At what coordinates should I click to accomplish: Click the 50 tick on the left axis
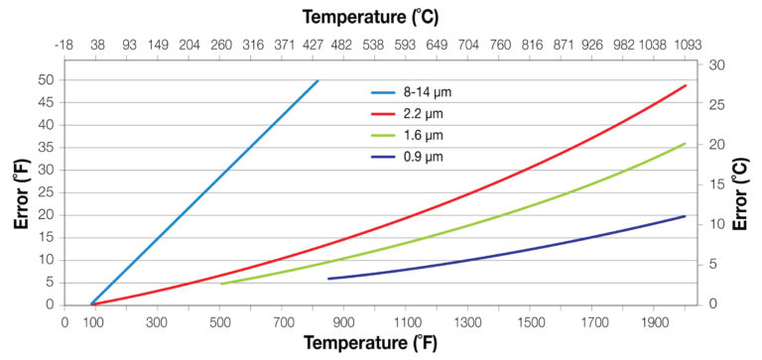coord(47,79)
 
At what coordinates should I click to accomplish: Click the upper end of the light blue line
coord(317,80)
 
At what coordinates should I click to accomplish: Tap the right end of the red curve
coord(686,85)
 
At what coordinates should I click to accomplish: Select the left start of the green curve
coord(221,284)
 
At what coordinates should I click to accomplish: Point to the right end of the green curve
coord(686,144)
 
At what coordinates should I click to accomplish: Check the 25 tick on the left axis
coord(47,192)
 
